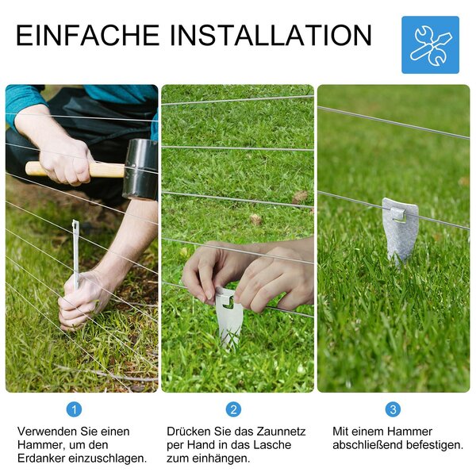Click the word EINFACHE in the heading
click(88, 35)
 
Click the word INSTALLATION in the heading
click(271, 35)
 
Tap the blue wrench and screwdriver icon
click(430, 45)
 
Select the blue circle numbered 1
click(74, 409)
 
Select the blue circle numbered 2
click(233, 409)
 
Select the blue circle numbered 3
click(393, 409)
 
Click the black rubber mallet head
click(140, 170)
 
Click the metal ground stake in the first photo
click(75, 255)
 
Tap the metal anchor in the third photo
click(401, 232)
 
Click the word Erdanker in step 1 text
click(41, 458)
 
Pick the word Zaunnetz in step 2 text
click(282, 431)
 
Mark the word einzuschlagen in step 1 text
click(107, 458)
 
